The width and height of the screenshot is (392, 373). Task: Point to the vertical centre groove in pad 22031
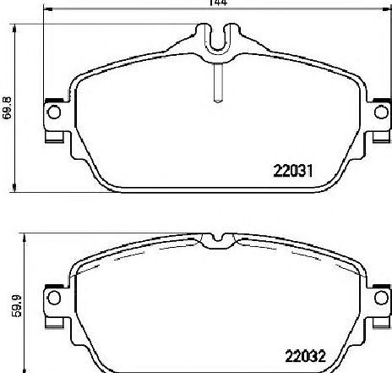click(219, 83)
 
